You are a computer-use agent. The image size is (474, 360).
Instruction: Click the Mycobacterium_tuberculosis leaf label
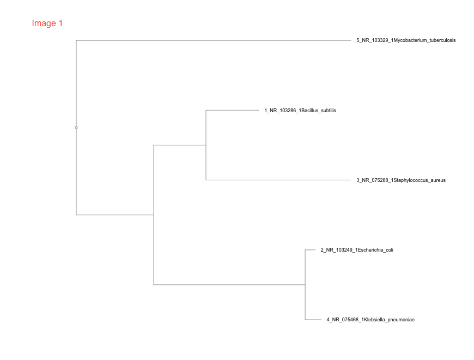click(x=406, y=40)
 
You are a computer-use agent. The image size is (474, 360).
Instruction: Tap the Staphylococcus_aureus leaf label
click(x=401, y=180)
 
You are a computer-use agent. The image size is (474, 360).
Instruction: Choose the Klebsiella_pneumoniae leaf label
click(x=370, y=320)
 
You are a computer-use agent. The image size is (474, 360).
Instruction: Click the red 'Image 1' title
click(x=47, y=23)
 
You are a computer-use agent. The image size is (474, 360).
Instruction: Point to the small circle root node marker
click(x=76, y=127)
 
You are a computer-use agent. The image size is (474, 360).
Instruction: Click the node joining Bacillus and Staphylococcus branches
click(x=206, y=145)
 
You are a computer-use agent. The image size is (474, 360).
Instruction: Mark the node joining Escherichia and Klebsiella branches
click(x=305, y=284)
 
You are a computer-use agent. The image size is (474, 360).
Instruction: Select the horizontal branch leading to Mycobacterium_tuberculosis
click(x=212, y=40)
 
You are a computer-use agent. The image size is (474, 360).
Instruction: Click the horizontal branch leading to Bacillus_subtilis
click(x=232, y=111)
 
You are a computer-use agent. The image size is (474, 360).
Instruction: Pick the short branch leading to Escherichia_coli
click(x=310, y=250)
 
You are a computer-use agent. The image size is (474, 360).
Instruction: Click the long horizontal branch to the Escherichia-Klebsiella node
click(x=229, y=284)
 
